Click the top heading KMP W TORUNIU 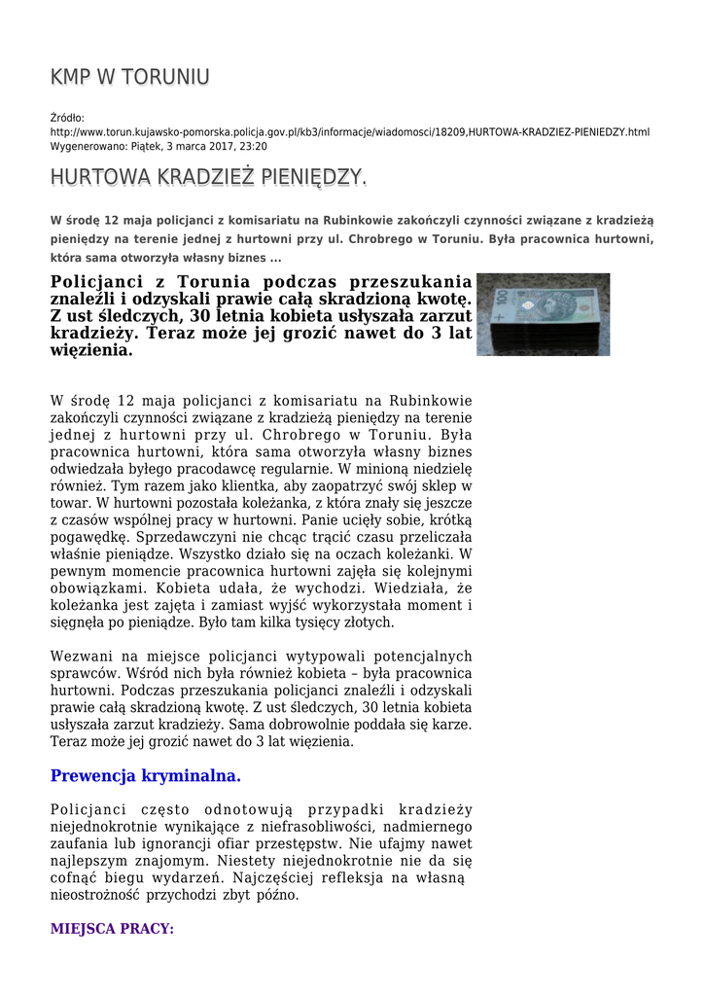129,77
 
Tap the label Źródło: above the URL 67,118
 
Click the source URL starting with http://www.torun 350,131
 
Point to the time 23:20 253,146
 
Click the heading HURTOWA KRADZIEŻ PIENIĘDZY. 208,178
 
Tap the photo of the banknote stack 543,313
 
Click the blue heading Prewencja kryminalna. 145,776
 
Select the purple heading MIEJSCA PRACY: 112,929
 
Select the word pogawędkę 85,536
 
